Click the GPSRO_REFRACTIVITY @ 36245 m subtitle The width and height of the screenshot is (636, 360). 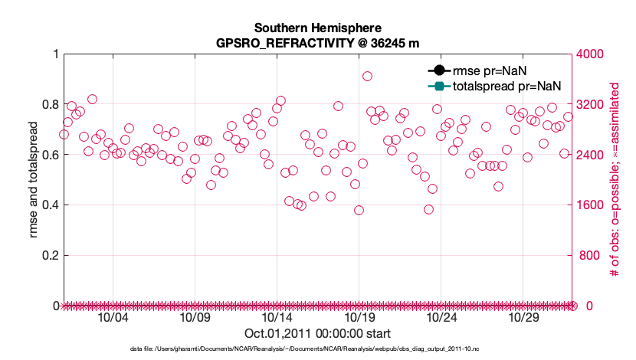pyautogui.click(x=318, y=42)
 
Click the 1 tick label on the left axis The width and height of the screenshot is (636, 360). pyautogui.click(x=54, y=54)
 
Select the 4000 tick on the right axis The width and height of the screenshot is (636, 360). pyautogui.click(x=592, y=54)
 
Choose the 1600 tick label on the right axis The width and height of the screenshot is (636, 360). pyautogui.click(x=592, y=205)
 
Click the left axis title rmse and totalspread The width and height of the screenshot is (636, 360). pyautogui.click(x=33, y=179)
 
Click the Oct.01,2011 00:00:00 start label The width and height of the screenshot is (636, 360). pyautogui.click(x=317, y=333)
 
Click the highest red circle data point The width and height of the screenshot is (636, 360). pyautogui.click(x=367, y=76)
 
